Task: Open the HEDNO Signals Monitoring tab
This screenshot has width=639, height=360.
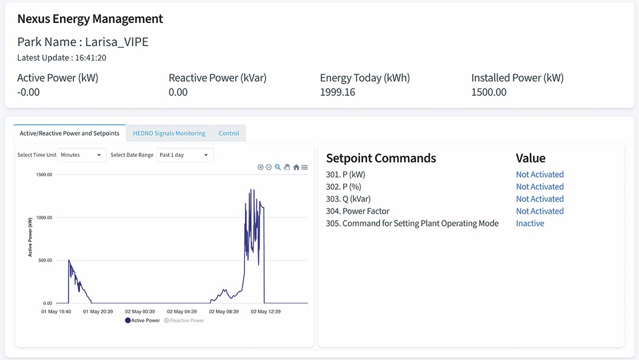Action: [x=169, y=133]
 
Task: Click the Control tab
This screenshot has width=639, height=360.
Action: [x=229, y=133]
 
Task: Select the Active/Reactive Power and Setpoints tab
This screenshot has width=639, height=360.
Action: [x=70, y=133]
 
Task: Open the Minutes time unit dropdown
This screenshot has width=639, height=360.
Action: [x=81, y=155]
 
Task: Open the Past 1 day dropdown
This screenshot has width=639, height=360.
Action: [x=185, y=155]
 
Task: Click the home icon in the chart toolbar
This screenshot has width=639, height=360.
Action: [x=296, y=167]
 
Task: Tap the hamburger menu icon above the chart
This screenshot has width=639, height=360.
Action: [x=304, y=167]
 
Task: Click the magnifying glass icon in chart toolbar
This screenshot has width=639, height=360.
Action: [x=278, y=167]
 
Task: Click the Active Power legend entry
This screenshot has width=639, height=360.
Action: [x=142, y=321]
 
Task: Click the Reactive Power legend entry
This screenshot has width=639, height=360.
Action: [x=184, y=321]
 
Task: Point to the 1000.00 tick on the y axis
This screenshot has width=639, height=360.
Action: [x=44, y=218]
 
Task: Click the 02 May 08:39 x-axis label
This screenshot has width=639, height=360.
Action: [x=224, y=312]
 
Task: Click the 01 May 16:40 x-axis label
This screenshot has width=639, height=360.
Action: [x=56, y=312]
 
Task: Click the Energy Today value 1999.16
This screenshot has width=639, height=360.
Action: [x=338, y=92]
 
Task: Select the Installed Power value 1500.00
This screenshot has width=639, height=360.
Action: [x=489, y=92]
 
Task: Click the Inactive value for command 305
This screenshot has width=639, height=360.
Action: [x=530, y=223]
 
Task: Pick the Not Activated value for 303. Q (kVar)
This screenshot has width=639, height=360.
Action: [x=540, y=199]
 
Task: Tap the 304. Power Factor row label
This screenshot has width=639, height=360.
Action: [x=358, y=211]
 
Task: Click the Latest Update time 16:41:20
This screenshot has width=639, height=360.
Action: [x=90, y=58]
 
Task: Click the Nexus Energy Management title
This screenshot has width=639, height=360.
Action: [x=90, y=19]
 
